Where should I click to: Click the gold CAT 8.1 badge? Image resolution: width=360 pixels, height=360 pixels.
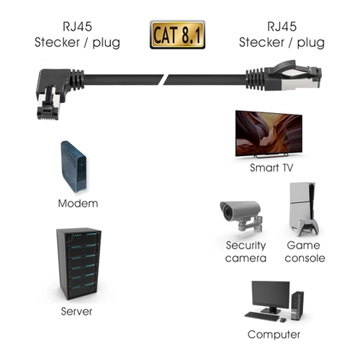(177, 35)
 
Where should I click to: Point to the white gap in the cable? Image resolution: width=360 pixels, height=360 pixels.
(166, 79)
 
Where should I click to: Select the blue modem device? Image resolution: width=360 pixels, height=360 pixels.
(73, 167)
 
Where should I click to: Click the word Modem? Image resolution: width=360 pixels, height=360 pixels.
(78, 204)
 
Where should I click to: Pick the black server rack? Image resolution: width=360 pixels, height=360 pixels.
(78, 264)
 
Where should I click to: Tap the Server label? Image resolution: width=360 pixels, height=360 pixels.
(76, 312)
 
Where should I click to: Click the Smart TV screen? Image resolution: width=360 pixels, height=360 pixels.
(269, 134)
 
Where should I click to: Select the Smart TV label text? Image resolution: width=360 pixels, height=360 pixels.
(271, 168)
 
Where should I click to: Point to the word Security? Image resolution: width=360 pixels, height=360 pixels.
(246, 246)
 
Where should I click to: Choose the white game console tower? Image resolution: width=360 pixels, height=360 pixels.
(302, 204)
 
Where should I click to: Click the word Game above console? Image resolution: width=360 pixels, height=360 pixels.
(303, 246)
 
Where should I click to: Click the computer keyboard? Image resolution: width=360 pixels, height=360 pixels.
(262, 316)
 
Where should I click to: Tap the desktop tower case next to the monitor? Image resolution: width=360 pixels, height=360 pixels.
(297, 305)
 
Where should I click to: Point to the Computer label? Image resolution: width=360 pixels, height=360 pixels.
(274, 335)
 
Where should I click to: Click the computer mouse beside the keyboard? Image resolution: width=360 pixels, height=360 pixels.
(284, 320)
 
